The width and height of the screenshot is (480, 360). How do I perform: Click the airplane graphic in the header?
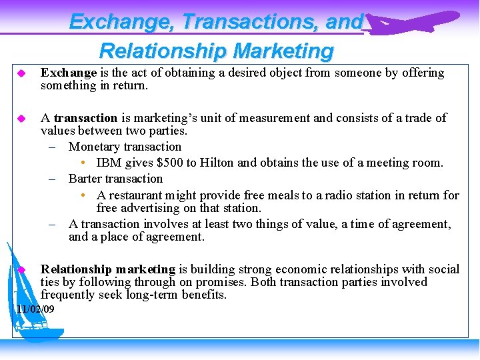click(x=413, y=22)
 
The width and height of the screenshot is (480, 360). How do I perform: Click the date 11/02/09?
click(x=35, y=309)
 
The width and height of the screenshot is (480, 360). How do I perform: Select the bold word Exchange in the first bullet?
click(x=69, y=73)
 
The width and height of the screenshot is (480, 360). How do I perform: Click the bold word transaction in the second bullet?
click(x=85, y=118)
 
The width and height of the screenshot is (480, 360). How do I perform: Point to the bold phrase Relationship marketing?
click(x=107, y=269)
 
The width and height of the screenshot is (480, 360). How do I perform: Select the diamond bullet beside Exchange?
click(x=21, y=73)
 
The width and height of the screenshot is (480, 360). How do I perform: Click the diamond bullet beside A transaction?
click(x=21, y=118)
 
